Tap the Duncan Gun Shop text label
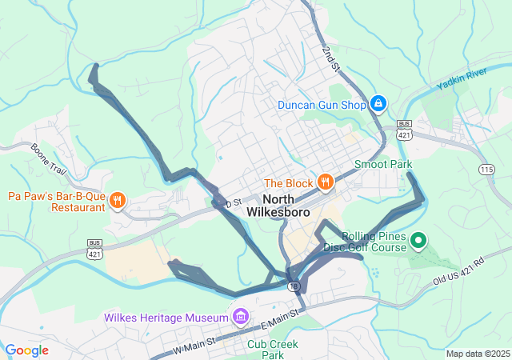tap(322, 105)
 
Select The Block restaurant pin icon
tap(325, 182)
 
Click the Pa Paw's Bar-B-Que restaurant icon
tap(117, 201)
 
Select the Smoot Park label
tap(382, 164)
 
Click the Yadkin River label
tap(462, 79)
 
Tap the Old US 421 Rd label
tap(459, 271)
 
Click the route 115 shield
tap(486, 169)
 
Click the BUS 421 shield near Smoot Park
tap(404, 130)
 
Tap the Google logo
tap(27, 350)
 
